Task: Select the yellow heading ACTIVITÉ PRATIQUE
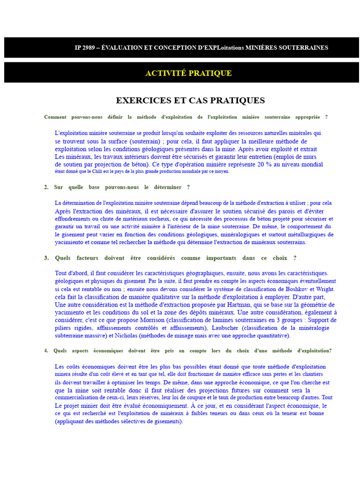pos(188,73)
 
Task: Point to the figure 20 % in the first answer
pos(265,165)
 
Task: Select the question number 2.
pos(46,187)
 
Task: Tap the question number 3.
pos(46,258)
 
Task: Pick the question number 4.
pos(46,351)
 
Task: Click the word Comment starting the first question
pos(55,117)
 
